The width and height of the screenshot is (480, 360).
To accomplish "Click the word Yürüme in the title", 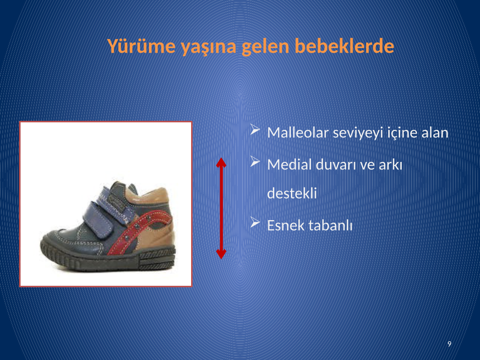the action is point(141,46).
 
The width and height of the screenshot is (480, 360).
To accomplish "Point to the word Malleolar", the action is point(298,132).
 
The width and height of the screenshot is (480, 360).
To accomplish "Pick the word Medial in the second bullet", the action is point(289,164).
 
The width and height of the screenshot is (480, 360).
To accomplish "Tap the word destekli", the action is point(292,193).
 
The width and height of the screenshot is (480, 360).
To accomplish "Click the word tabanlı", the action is point(331,225).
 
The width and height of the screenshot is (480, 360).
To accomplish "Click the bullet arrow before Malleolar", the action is point(255,129).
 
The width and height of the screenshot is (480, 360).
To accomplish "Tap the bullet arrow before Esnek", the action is point(255,222).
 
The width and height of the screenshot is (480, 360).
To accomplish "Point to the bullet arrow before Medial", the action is point(255,161).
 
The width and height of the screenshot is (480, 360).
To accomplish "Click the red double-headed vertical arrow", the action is point(221,208).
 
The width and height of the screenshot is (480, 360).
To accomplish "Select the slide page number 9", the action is point(449,344).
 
